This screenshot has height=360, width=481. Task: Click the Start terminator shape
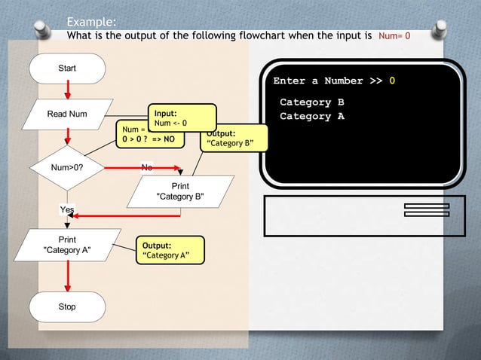click(67, 69)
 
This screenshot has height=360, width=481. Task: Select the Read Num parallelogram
click(67, 114)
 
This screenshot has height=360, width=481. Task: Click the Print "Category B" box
click(179, 191)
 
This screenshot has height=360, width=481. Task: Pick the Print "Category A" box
click(67, 244)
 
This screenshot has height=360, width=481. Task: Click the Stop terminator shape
click(67, 307)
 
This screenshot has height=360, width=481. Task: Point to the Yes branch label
click(67, 209)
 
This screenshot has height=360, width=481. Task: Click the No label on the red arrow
click(147, 166)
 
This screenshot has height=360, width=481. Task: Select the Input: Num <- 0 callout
click(182, 117)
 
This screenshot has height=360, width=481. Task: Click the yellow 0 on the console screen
click(392, 81)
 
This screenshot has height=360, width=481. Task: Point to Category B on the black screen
click(312, 102)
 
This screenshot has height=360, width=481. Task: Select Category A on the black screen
click(312, 117)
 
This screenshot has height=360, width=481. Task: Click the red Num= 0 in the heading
click(394, 35)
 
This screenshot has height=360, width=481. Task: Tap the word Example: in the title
click(91, 21)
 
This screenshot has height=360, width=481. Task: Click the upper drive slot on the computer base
click(427, 206)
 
